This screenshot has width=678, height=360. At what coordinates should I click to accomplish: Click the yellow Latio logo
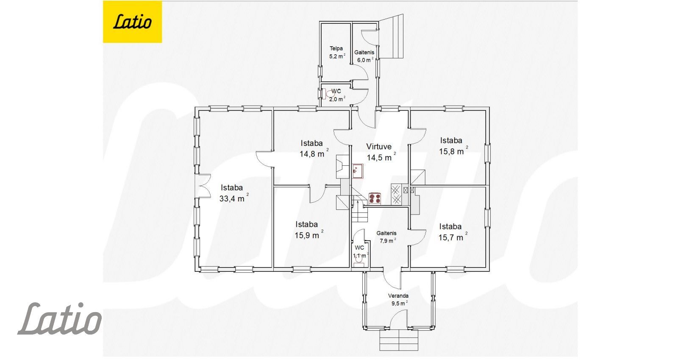pyautogui.click(x=132, y=22)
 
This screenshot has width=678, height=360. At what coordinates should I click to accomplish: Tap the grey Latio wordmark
pyautogui.click(x=60, y=318)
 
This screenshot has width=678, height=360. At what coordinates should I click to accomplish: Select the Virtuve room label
pyautogui.click(x=379, y=147)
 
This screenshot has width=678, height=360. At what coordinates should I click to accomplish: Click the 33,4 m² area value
pyautogui.click(x=234, y=198)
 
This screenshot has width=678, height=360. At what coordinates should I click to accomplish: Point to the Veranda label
pyautogui.click(x=398, y=296)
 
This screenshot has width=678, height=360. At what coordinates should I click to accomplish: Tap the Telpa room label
pyautogui.click(x=336, y=48)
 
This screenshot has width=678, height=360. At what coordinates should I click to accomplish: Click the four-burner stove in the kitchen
pyautogui.click(x=375, y=198)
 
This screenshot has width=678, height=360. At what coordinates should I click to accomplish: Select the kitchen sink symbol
pyautogui.click(x=358, y=171)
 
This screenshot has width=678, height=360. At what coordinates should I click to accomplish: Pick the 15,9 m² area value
pyautogui.click(x=309, y=235)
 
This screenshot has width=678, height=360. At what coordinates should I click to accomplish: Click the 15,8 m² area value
pyautogui.click(x=453, y=151)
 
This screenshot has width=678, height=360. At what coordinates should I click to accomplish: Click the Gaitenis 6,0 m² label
pyautogui.click(x=364, y=56)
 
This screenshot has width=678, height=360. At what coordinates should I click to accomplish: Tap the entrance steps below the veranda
pyautogui.click(x=399, y=340)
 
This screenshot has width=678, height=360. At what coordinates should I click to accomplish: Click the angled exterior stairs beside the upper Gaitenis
pyautogui.click(x=391, y=36)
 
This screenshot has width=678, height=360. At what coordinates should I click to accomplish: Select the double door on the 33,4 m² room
pyautogui.click(x=203, y=186)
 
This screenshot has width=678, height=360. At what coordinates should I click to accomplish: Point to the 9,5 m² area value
pyautogui.click(x=399, y=303)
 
